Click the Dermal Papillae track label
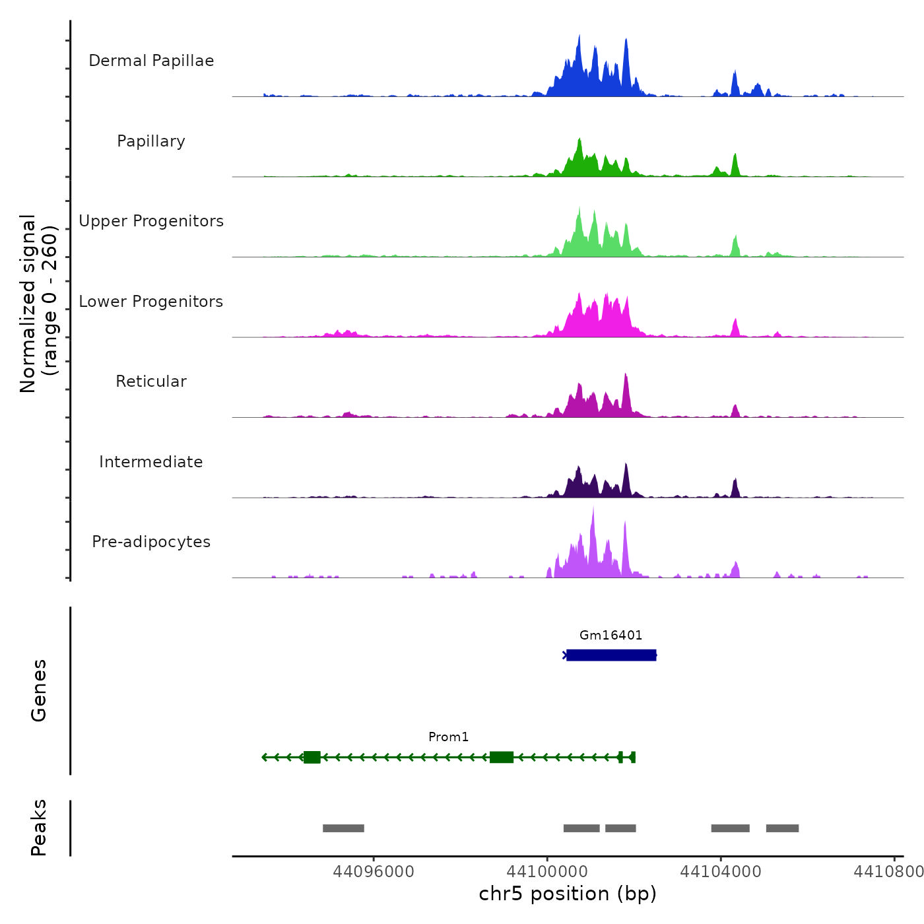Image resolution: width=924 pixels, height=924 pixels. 151,61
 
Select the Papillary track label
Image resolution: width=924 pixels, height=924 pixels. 151,141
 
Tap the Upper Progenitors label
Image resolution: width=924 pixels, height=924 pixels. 151,221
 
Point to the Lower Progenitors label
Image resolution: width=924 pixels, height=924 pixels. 151,302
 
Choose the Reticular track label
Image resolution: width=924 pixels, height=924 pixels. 151,381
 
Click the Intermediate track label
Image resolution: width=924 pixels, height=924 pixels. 151,462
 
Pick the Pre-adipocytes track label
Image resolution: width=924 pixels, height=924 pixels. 151,542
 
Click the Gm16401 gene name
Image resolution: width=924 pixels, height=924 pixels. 610,635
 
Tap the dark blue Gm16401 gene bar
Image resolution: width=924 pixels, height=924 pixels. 611,655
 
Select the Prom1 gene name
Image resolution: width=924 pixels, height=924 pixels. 448,737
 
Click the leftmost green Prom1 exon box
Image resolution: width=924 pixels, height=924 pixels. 312,757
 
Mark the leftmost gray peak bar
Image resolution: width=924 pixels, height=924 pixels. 343,828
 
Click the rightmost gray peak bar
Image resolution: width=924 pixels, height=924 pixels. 782,828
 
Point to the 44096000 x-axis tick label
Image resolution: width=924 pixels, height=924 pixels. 374,872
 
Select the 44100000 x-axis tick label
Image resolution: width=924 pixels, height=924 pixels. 547,872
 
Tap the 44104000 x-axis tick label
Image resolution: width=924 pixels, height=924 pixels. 721,872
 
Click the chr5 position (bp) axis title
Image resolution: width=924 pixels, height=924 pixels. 568,894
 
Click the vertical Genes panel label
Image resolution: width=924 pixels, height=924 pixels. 39,690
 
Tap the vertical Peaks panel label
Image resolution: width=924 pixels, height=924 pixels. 39,828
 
